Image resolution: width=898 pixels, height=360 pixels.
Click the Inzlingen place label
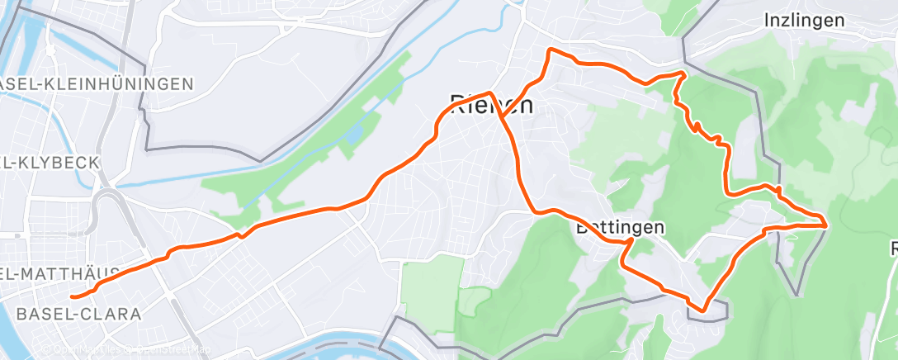[x=804, y=21]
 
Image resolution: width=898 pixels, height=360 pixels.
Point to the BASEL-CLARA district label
[x=78, y=314]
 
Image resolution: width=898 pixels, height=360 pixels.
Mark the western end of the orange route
[x=73, y=296]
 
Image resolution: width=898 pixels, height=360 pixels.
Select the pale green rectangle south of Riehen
[x=432, y=285]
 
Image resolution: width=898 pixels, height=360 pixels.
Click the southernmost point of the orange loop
[x=703, y=310]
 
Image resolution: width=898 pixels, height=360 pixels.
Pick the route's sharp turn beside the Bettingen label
[x=631, y=240]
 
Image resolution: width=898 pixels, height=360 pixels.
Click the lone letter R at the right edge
[x=894, y=248]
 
